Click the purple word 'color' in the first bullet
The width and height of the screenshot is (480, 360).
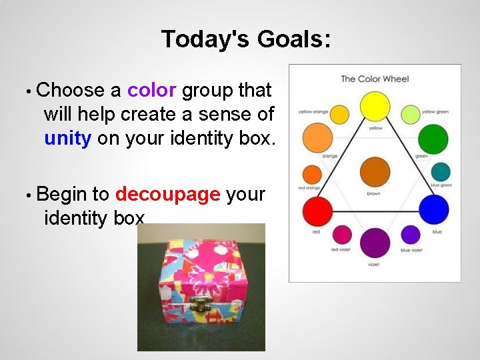pyautogui.click(x=152, y=90)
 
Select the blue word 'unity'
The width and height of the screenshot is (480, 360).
pyautogui.click(x=68, y=138)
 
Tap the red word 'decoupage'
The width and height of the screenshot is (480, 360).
pyautogui.click(x=167, y=194)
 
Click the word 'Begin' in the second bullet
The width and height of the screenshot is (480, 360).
pyautogui.click(x=63, y=194)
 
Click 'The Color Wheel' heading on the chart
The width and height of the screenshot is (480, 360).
pyautogui.click(x=375, y=79)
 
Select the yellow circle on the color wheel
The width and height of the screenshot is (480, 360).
pyautogui.click(x=375, y=107)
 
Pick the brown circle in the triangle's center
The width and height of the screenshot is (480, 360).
pyautogui.click(x=375, y=173)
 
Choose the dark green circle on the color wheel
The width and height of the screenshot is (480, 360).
pyautogui.click(x=433, y=139)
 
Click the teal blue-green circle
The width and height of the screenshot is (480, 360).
pyautogui.click(x=441, y=172)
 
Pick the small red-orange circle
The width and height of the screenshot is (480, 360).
pyautogui.click(x=312, y=175)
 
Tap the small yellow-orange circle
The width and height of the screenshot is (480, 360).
pyautogui.click(x=339, y=115)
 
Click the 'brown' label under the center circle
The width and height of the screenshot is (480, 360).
pyautogui.click(x=374, y=194)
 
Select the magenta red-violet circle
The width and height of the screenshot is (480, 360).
pyautogui.click(x=342, y=234)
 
